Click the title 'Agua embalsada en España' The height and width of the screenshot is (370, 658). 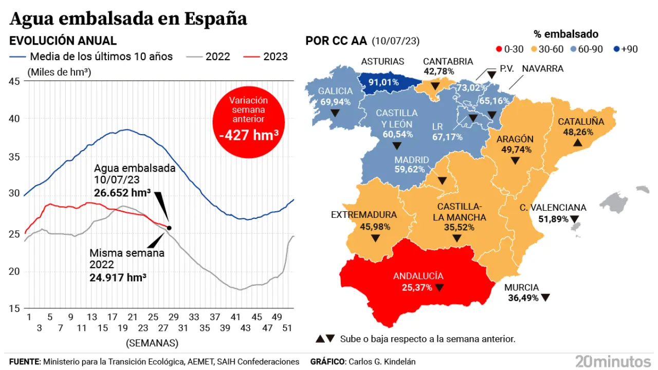[x=129, y=18]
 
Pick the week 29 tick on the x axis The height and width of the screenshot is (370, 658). [x=174, y=317]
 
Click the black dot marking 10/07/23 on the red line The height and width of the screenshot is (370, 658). [x=169, y=228]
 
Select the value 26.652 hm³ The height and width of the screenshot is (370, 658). [x=122, y=192]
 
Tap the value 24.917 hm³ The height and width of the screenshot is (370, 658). [x=118, y=277]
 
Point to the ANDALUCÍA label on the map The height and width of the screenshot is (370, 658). [x=418, y=276]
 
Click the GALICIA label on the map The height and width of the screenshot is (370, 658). [x=335, y=91]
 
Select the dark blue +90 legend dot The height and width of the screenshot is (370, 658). [x=616, y=49]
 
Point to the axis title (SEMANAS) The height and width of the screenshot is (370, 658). [x=152, y=342]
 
